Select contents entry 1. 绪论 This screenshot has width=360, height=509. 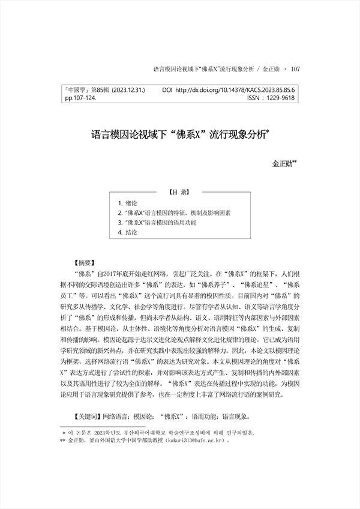[128, 203]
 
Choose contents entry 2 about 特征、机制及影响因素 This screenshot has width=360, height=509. [174, 213]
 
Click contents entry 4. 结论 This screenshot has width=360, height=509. [128, 232]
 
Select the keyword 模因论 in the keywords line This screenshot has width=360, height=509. [143, 415]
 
